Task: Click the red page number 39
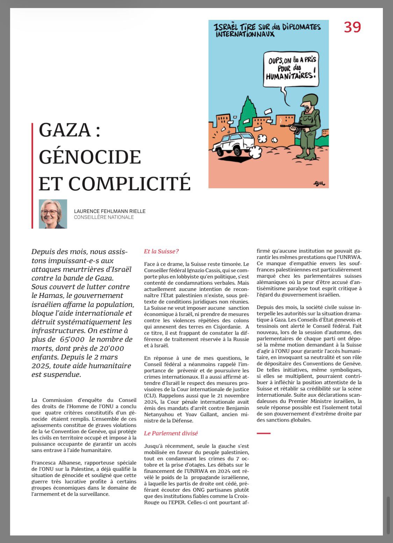click(x=352, y=27)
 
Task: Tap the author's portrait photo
click(x=53, y=214)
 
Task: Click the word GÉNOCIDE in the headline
click(x=90, y=157)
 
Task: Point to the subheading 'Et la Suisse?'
click(x=161, y=251)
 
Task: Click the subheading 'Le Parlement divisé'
click(x=171, y=433)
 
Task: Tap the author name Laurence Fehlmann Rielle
click(x=110, y=211)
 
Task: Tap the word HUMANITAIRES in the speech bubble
click(x=289, y=75)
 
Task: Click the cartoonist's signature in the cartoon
click(x=318, y=183)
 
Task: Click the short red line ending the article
click(x=264, y=433)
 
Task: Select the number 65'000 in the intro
click(x=72, y=339)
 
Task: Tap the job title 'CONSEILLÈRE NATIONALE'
click(x=104, y=217)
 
